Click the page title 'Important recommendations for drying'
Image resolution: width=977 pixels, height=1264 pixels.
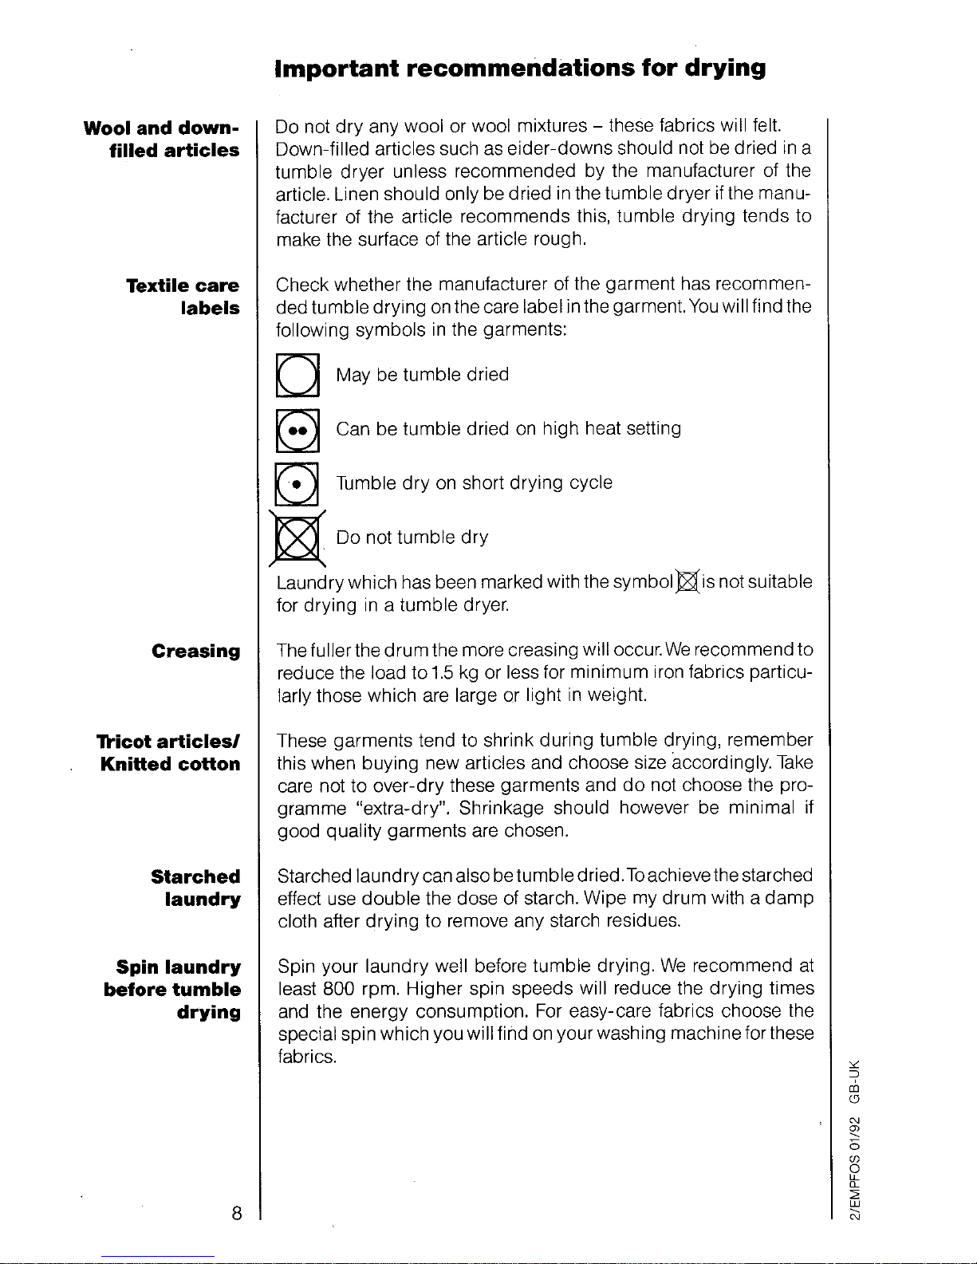click(519, 69)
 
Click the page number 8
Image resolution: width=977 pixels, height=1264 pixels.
click(236, 1213)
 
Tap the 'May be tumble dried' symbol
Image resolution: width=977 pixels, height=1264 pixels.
click(297, 375)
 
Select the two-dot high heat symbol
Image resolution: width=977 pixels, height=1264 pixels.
click(297, 430)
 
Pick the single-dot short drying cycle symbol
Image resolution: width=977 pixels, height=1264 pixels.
click(297, 484)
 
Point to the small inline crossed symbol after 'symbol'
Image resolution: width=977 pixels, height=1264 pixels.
click(687, 582)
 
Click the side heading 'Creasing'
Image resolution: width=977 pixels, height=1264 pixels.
click(195, 652)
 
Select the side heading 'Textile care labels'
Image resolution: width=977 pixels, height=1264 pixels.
click(183, 297)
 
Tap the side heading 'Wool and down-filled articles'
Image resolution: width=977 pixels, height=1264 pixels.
click(162, 140)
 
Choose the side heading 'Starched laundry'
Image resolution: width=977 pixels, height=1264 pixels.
click(195, 888)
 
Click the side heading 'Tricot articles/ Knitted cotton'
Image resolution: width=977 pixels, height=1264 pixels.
click(169, 753)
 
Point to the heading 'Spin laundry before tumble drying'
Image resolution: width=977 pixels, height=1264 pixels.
click(173, 990)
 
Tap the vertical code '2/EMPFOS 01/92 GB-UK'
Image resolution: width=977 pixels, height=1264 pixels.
click(855, 1136)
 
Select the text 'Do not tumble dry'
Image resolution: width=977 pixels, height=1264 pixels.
click(412, 537)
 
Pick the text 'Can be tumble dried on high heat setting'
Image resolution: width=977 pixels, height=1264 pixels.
click(508, 429)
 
